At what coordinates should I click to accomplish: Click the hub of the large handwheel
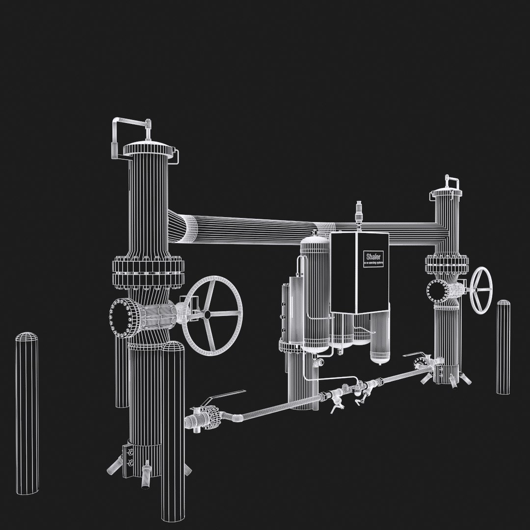click(208, 314)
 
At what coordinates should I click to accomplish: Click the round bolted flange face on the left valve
click(119, 318)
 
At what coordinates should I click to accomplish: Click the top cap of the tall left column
click(150, 148)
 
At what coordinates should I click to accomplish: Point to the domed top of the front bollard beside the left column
click(173, 347)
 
